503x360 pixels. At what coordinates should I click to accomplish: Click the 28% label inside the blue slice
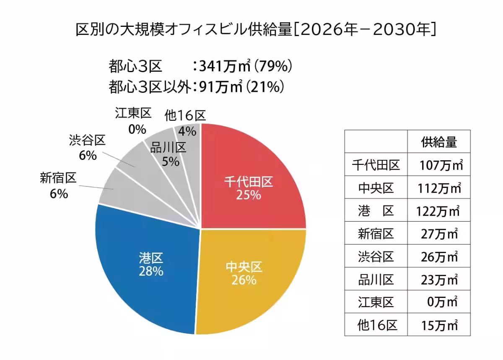[x=151, y=271]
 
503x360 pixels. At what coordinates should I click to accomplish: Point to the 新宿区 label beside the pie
[x=58, y=179]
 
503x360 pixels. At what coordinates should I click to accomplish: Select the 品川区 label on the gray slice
[x=168, y=148]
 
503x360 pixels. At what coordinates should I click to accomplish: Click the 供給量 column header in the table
[x=439, y=142]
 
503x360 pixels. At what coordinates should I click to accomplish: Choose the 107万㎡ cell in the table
[x=440, y=165]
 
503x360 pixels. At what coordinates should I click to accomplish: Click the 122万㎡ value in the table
[x=439, y=211]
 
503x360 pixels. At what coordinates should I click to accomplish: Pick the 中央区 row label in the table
[x=376, y=188]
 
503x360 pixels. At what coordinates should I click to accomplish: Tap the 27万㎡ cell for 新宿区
[x=439, y=234]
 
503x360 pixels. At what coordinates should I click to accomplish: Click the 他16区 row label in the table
[x=376, y=324]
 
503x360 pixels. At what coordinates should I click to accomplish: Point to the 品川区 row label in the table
[x=376, y=279]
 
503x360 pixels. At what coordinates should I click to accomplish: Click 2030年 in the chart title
[x=405, y=29]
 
